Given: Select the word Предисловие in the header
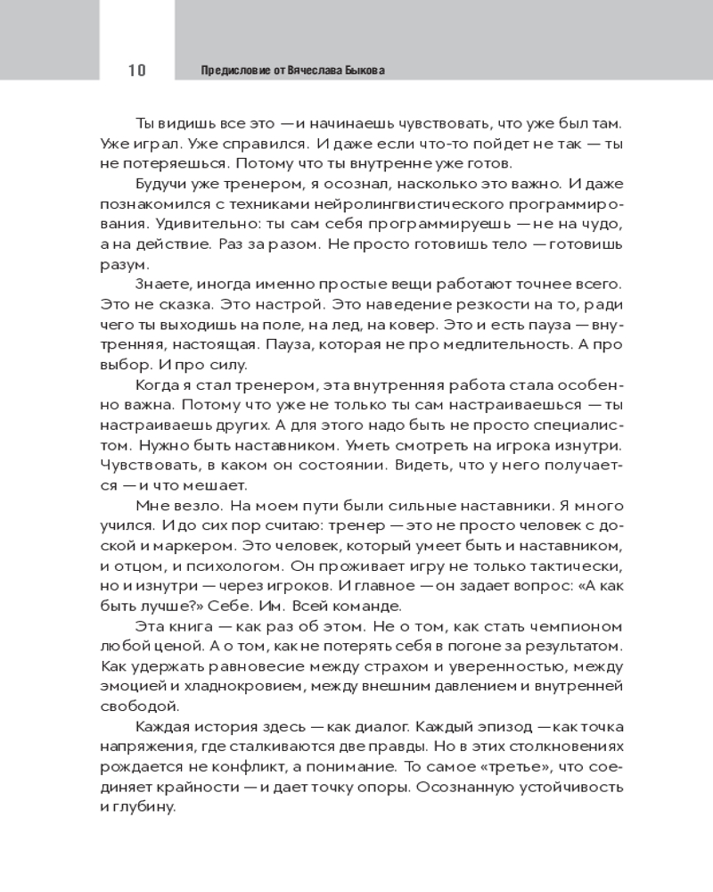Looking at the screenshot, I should click(230, 70).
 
